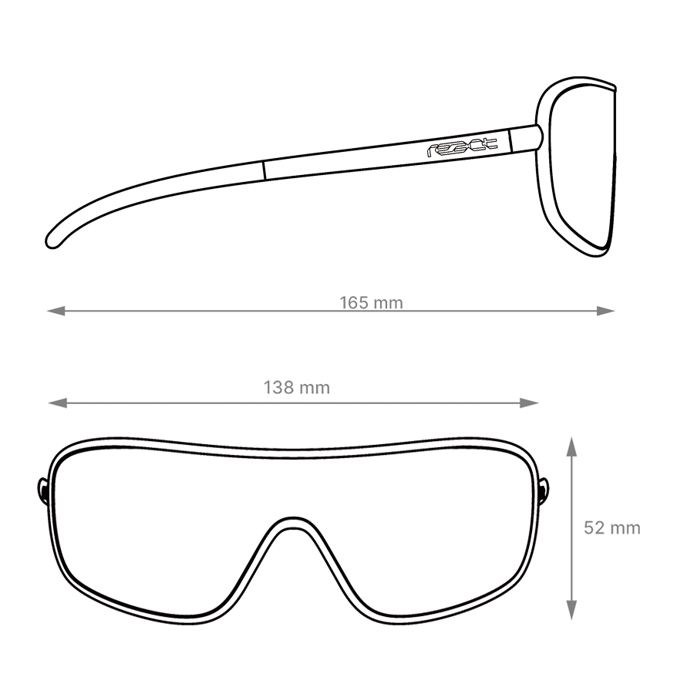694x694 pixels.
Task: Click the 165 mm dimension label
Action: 372,303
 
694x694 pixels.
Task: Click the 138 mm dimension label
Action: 297,388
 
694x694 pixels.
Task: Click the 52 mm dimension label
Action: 612,528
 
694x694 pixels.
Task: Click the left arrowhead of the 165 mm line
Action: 56,311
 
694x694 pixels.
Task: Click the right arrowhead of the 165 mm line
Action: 606,311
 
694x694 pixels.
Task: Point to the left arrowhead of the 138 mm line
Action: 58,403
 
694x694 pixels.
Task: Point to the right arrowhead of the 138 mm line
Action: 529,403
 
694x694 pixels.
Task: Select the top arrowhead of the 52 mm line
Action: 572,446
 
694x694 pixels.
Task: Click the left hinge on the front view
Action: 43,492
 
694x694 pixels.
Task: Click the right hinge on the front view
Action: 544,492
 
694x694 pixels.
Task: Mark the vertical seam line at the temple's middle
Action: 264,170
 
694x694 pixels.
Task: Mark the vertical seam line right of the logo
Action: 510,140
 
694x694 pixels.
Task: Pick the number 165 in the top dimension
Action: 354,303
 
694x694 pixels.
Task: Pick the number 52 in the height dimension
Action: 594,528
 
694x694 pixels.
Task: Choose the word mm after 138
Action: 314,388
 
